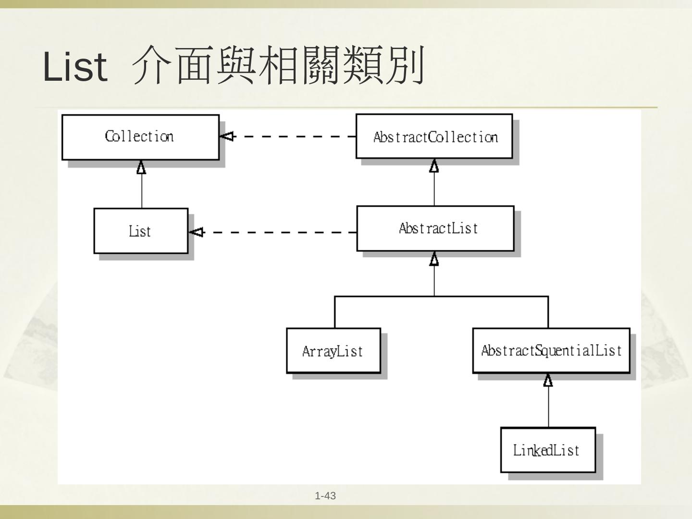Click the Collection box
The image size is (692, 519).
pyautogui.click(x=140, y=137)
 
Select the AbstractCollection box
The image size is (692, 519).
pyautogui.click(x=434, y=136)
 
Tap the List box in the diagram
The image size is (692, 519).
pyautogui.click(x=140, y=231)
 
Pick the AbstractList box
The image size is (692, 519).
pyautogui.click(x=435, y=228)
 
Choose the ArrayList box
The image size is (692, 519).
pyautogui.click(x=333, y=351)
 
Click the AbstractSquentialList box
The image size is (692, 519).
pyautogui.click(x=551, y=350)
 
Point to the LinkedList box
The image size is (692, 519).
pyautogui.click(x=547, y=450)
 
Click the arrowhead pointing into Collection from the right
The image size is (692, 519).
pyautogui.click(x=226, y=136)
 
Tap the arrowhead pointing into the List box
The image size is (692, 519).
pyautogui.click(x=196, y=233)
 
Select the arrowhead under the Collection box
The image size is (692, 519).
pyautogui.click(x=141, y=167)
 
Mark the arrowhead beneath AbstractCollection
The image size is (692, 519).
pyautogui.click(x=434, y=166)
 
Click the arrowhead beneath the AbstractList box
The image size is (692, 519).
pyautogui.click(x=434, y=259)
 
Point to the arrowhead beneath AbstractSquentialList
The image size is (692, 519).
pyautogui.click(x=548, y=381)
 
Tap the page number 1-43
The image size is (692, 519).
pyautogui.click(x=325, y=496)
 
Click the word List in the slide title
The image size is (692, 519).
pyautogui.click(x=75, y=66)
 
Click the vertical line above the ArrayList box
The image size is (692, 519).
pyautogui.click(x=334, y=312)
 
